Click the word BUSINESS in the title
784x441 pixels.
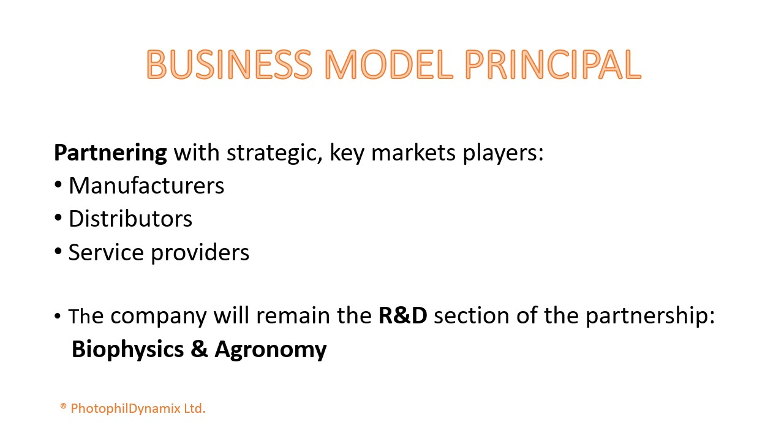[229, 64]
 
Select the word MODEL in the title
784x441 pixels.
[389, 64]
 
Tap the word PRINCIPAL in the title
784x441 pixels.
[553, 64]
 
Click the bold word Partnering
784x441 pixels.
[110, 153]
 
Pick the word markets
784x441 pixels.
[413, 153]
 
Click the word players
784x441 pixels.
[503, 153]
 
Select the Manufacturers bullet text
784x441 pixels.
[146, 185]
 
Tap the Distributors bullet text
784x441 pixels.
[130, 219]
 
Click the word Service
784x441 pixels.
[106, 252]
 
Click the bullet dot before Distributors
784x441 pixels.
[58, 218]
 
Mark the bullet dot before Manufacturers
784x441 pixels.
[58, 185]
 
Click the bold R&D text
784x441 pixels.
[403, 315]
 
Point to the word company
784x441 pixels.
[159, 317]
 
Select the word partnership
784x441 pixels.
[650, 316]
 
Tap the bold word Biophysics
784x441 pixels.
[128, 349]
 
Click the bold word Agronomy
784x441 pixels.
[271, 350]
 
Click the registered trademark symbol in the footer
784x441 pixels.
[63, 406]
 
